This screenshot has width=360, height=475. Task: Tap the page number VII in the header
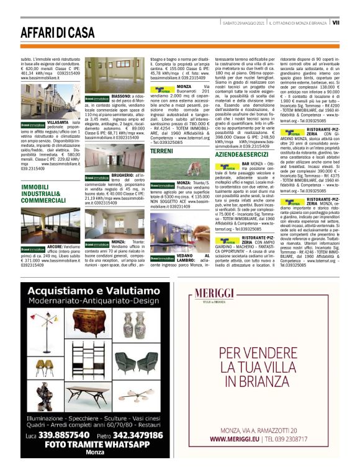point(335,22)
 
